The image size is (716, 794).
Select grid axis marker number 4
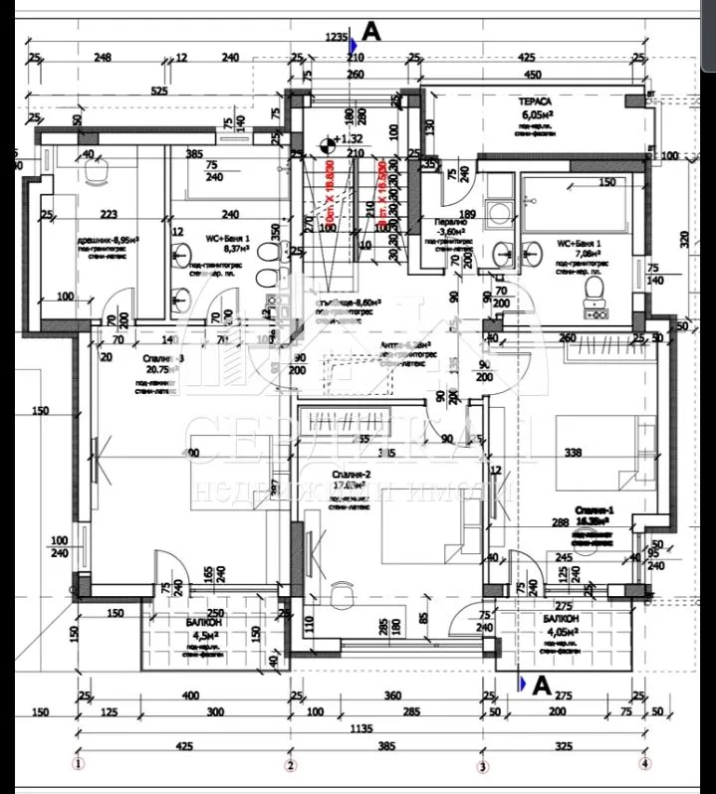pyautogui.click(x=645, y=764)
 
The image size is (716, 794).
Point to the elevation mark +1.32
pyautogui.click(x=351, y=139)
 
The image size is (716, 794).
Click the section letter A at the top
pyautogui.click(x=371, y=32)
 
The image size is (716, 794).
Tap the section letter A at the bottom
pyautogui.click(x=542, y=685)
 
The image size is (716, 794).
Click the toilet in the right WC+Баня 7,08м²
pyautogui.click(x=595, y=290)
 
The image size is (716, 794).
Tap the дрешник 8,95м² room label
pyautogui.click(x=108, y=241)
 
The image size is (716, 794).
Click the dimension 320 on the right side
pyautogui.click(x=683, y=239)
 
